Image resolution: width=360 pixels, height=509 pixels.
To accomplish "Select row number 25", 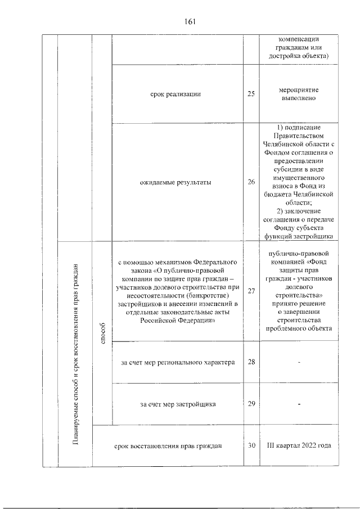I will pyautogui.click(x=251, y=93).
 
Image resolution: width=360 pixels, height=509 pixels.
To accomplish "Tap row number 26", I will pyautogui.click(x=251, y=182).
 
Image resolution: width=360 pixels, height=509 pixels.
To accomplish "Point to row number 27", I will pyautogui.click(x=251, y=291).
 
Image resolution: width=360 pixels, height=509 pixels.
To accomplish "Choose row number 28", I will pyautogui.click(x=251, y=361).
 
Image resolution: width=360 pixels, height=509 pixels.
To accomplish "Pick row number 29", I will pyautogui.click(x=251, y=404).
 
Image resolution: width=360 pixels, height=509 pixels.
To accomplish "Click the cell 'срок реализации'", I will pyautogui.click(x=176, y=94).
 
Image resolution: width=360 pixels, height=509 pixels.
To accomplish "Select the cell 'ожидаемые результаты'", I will pyautogui.click(x=176, y=182).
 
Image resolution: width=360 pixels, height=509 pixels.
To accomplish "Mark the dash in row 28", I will pyautogui.click(x=299, y=362).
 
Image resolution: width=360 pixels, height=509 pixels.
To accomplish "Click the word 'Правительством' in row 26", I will pyautogui.click(x=299, y=135).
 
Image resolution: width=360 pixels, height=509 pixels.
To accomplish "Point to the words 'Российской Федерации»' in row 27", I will pyautogui.click(x=176, y=320).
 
